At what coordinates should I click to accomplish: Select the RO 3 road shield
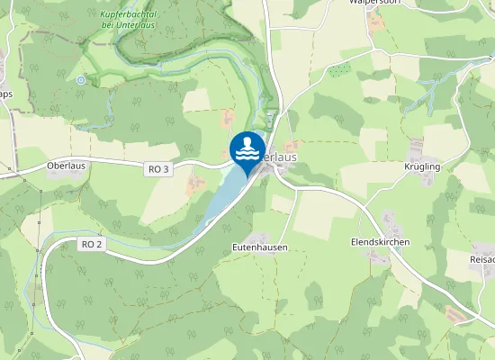(157, 168)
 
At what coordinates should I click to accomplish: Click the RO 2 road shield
(92, 244)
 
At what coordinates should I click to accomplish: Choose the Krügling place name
(422, 167)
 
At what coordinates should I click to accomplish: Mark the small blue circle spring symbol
(81, 80)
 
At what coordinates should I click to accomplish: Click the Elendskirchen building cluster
(389, 220)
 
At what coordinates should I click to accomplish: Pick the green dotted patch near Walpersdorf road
(337, 71)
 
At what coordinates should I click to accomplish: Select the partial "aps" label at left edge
(5, 94)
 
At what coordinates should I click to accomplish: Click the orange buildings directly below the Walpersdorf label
(376, 21)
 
